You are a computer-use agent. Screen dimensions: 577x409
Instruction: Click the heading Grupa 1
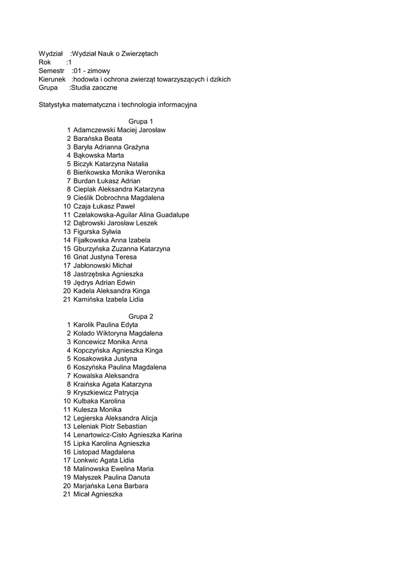[x=140, y=121]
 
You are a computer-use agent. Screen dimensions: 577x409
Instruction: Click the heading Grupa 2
[x=140, y=316]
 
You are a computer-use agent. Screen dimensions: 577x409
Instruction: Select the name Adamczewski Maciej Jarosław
[x=120, y=130]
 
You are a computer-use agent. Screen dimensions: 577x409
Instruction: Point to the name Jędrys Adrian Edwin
[x=104, y=282]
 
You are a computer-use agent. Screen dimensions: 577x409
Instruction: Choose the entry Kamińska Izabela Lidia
[x=108, y=299]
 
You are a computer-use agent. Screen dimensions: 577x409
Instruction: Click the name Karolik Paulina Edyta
[x=105, y=325]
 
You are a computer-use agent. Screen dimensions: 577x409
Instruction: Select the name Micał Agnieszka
[x=98, y=494]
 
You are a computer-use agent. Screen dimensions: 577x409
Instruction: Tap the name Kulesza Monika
[x=98, y=410]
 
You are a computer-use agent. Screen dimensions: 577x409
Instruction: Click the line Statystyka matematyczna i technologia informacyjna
[x=118, y=104]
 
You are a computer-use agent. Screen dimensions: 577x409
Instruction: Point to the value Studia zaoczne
[x=94, y=88]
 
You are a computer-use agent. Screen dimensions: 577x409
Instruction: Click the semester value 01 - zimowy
[x=92, y=71]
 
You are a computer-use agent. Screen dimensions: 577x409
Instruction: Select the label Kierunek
[x=52, y=79]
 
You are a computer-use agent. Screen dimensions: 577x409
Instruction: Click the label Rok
[x=45, y=62]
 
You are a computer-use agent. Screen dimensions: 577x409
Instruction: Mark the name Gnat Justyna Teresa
[x=105, y=257]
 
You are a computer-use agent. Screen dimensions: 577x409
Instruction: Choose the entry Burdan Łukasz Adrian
[x=107, y=181]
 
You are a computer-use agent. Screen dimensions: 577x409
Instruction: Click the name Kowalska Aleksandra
[x=106, y=375]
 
